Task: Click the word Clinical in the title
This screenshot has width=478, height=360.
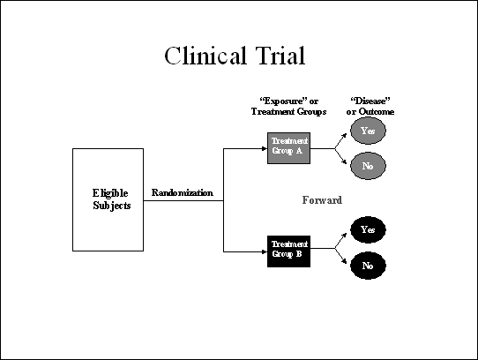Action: (205, 56)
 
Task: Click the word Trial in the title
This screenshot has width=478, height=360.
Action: (280, 56)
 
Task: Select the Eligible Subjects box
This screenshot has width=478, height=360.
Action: (108, 199)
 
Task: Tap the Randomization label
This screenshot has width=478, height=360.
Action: (183, 193)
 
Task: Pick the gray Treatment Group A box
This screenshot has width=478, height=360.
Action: (288, 148)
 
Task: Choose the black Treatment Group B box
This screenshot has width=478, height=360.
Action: (288, 251)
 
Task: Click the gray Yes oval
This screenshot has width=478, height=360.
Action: (368, 131)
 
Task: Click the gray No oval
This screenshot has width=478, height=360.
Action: (368, 166)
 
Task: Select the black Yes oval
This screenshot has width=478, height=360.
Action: (368, 229)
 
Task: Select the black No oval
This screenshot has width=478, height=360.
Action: (368, 266)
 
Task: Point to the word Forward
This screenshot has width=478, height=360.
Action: (322, 200)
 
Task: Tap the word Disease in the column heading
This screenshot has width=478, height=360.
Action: (370, 101)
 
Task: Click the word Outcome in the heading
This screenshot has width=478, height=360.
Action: (377, 112)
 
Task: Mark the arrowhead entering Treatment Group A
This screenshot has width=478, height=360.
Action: (265, 148)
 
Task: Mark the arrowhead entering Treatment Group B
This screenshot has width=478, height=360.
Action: (265, 251)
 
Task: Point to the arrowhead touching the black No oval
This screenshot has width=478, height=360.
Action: (344, 261)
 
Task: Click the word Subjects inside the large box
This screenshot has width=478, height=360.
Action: (112, 206)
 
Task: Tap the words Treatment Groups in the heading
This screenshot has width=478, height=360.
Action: (288, 112)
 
